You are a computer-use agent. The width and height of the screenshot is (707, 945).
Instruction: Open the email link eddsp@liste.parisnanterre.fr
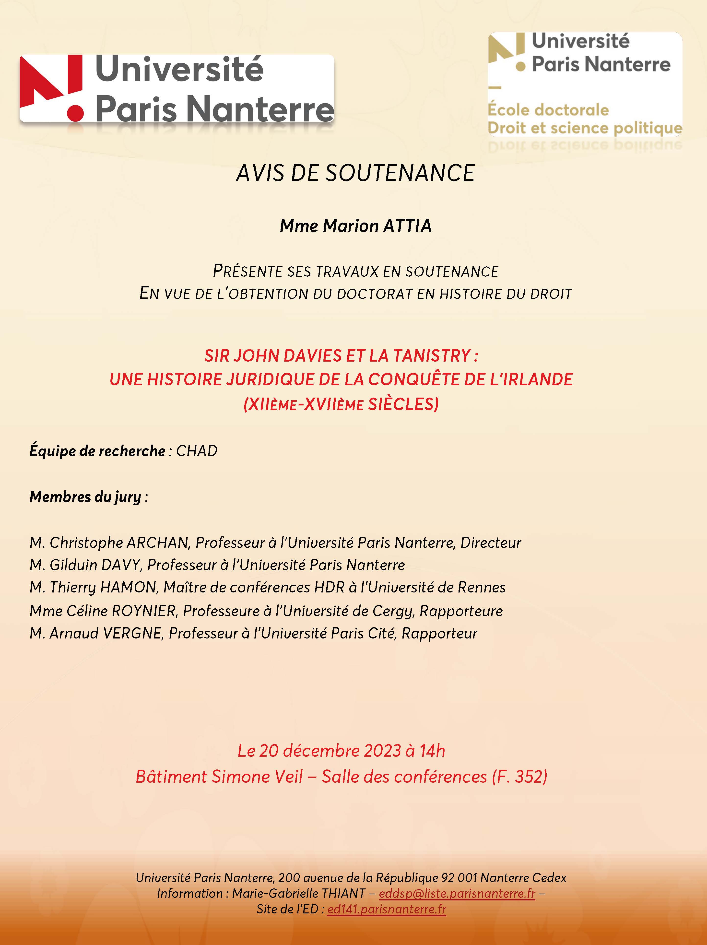coord(457,893)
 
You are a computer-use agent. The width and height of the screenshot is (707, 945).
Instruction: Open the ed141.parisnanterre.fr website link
coord(387,909)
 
